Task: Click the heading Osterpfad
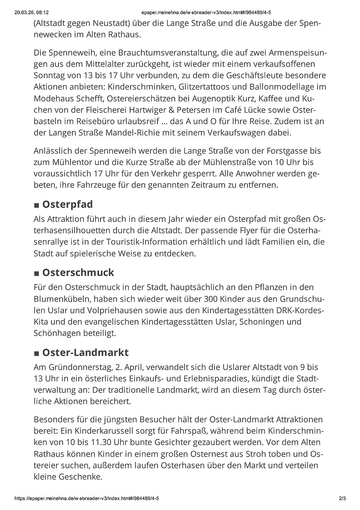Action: (x=67, y=205)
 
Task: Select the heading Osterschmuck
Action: (x=78, y=272)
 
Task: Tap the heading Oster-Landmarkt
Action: (x=85, y=353)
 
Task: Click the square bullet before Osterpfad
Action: (x=36, y=206)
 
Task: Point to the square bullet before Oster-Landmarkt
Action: (x=36, y=354)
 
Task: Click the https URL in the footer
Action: (x=87, y=498)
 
